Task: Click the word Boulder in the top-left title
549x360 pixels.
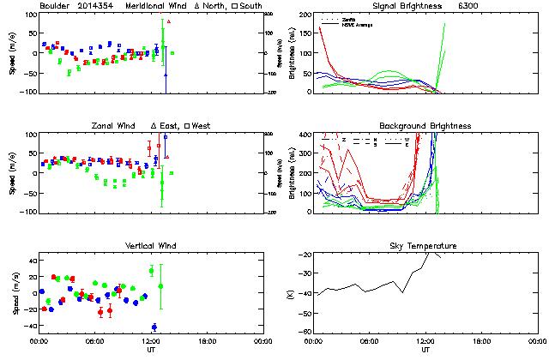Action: [x=57, y=7]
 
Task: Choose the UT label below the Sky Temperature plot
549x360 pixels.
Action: [x=425, y=350]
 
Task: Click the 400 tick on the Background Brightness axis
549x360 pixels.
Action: [x=305, y=135]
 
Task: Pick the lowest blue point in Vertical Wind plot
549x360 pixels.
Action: [x=154, y=327]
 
